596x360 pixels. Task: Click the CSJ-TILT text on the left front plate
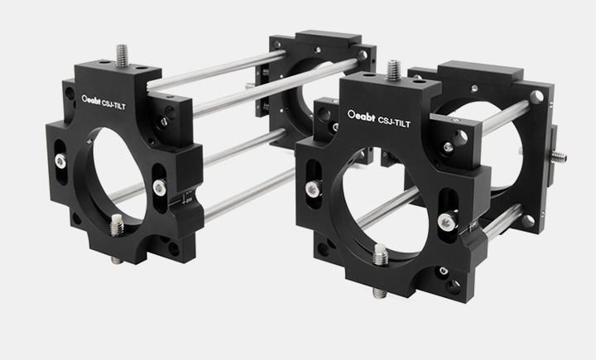pos(113,104)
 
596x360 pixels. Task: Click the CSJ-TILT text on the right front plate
pos(394,122)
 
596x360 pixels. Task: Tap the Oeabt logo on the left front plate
pos(91,100)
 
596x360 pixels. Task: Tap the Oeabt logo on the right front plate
pos(362,115)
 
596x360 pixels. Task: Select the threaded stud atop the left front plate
pos(121,55)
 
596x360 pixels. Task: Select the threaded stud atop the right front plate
pos(394,70)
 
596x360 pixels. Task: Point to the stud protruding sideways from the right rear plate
pos(559,156)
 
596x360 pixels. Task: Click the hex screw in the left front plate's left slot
pos(60,161)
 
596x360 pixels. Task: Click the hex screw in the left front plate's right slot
pos(160,187)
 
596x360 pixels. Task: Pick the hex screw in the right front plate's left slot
pos(313,188)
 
